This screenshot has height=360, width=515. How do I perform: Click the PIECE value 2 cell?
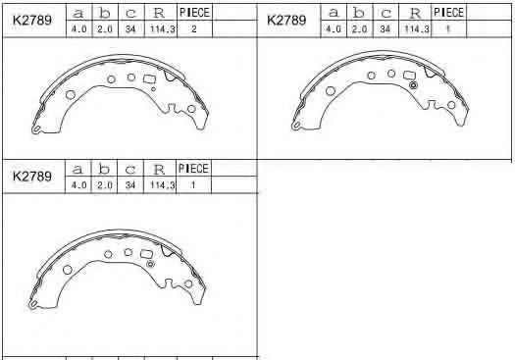pyautogui.click(x=194, y=28)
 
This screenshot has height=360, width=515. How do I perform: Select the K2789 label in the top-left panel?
pyautogui.click(x=32, y=21)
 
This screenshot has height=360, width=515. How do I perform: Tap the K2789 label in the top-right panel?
pyautogui.click(x=286, y=20)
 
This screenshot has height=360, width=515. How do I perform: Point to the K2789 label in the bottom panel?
pyautogui.click(x=32, y=177)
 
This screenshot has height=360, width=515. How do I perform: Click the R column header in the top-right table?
pyautogui.click(x=415, y=13)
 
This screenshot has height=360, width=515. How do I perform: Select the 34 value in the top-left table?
pyautogui.click(x=130, y=28)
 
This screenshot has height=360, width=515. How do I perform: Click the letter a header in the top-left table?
pyautogui.click(x=78, y=13)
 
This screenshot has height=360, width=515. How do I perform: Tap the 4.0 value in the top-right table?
pyautogui.click(x=334, y=28)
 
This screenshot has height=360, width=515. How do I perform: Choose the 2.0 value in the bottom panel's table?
pyautogui.click(x=105, y=185)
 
